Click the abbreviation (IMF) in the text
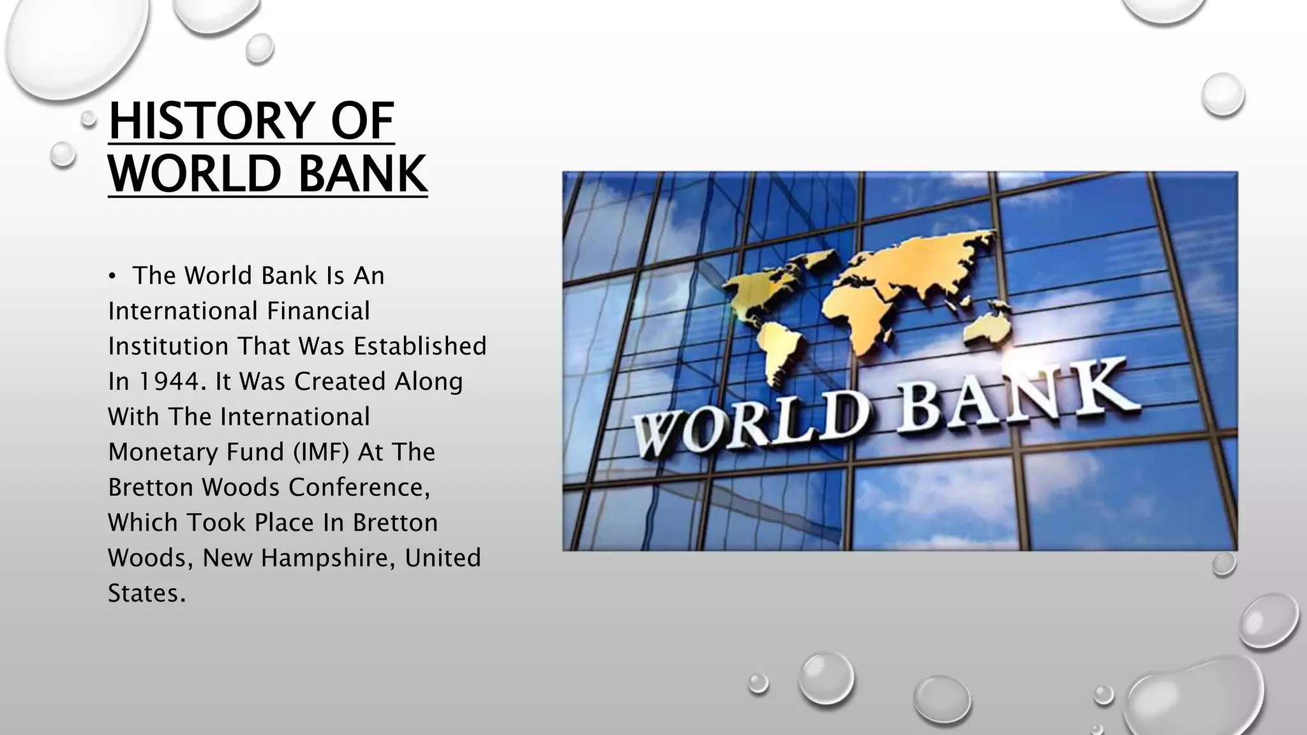click(322, 452)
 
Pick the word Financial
click(318, 311)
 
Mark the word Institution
click(168, 346)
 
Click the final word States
click(146, 593)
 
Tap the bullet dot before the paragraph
click(112, 276)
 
